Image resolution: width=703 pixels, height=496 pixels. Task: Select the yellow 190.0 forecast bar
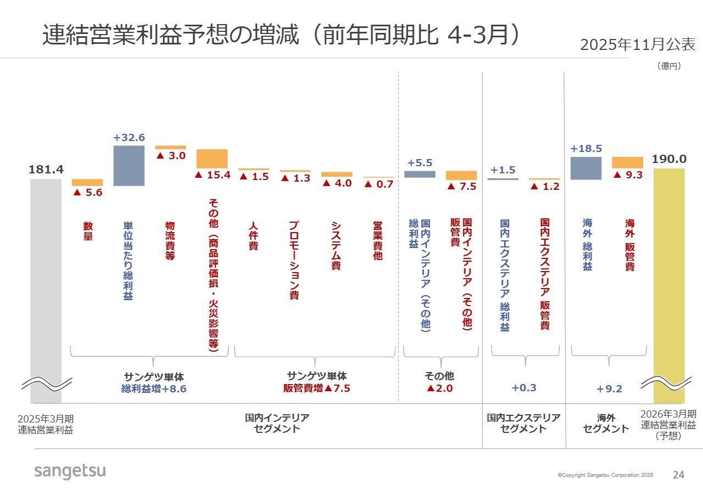(669, 274)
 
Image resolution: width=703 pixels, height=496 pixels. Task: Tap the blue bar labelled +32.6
(129, 166)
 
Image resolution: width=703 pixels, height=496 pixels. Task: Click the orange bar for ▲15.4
(212, 159)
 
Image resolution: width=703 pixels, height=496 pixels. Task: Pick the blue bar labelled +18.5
(585, 168)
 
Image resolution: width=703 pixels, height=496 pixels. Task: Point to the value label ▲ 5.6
(87, 193)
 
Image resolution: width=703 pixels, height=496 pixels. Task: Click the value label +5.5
(420, 163)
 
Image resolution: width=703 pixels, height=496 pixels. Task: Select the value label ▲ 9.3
(627, 175)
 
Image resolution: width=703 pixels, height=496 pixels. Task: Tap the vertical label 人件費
(253, 236)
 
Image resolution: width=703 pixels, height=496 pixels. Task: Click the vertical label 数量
(88, 232)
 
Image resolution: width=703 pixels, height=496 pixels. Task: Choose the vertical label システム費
(336, 246)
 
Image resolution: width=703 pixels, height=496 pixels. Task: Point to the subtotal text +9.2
(609, 389)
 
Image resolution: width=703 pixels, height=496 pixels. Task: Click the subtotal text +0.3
(524, 388)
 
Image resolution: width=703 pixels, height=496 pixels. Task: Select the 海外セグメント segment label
(606, 424)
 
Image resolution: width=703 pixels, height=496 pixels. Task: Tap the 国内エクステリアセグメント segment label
(524, 424)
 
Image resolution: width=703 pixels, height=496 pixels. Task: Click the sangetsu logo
(70, 471)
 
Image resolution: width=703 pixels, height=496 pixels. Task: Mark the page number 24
(679, 475)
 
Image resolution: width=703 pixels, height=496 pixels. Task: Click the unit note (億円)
(669, 66)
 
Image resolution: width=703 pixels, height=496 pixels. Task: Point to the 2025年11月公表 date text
(638, 45)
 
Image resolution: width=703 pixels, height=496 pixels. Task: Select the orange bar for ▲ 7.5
(461, 176)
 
